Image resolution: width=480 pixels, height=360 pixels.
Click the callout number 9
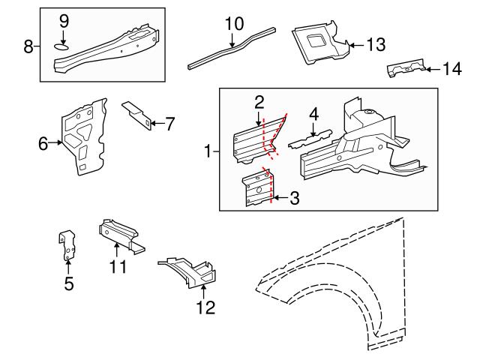[x=63, y=19]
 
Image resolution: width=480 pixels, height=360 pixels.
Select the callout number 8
[x=28, y=46]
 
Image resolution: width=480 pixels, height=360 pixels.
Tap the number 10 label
[x=234, y=23]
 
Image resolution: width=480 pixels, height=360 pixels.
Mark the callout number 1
[x=208, y=151]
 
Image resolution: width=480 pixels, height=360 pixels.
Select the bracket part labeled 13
[x=319, y=42]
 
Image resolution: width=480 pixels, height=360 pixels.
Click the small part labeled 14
[x=405, y=70]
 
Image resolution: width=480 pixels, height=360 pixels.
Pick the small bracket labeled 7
[x=137, y=114]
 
